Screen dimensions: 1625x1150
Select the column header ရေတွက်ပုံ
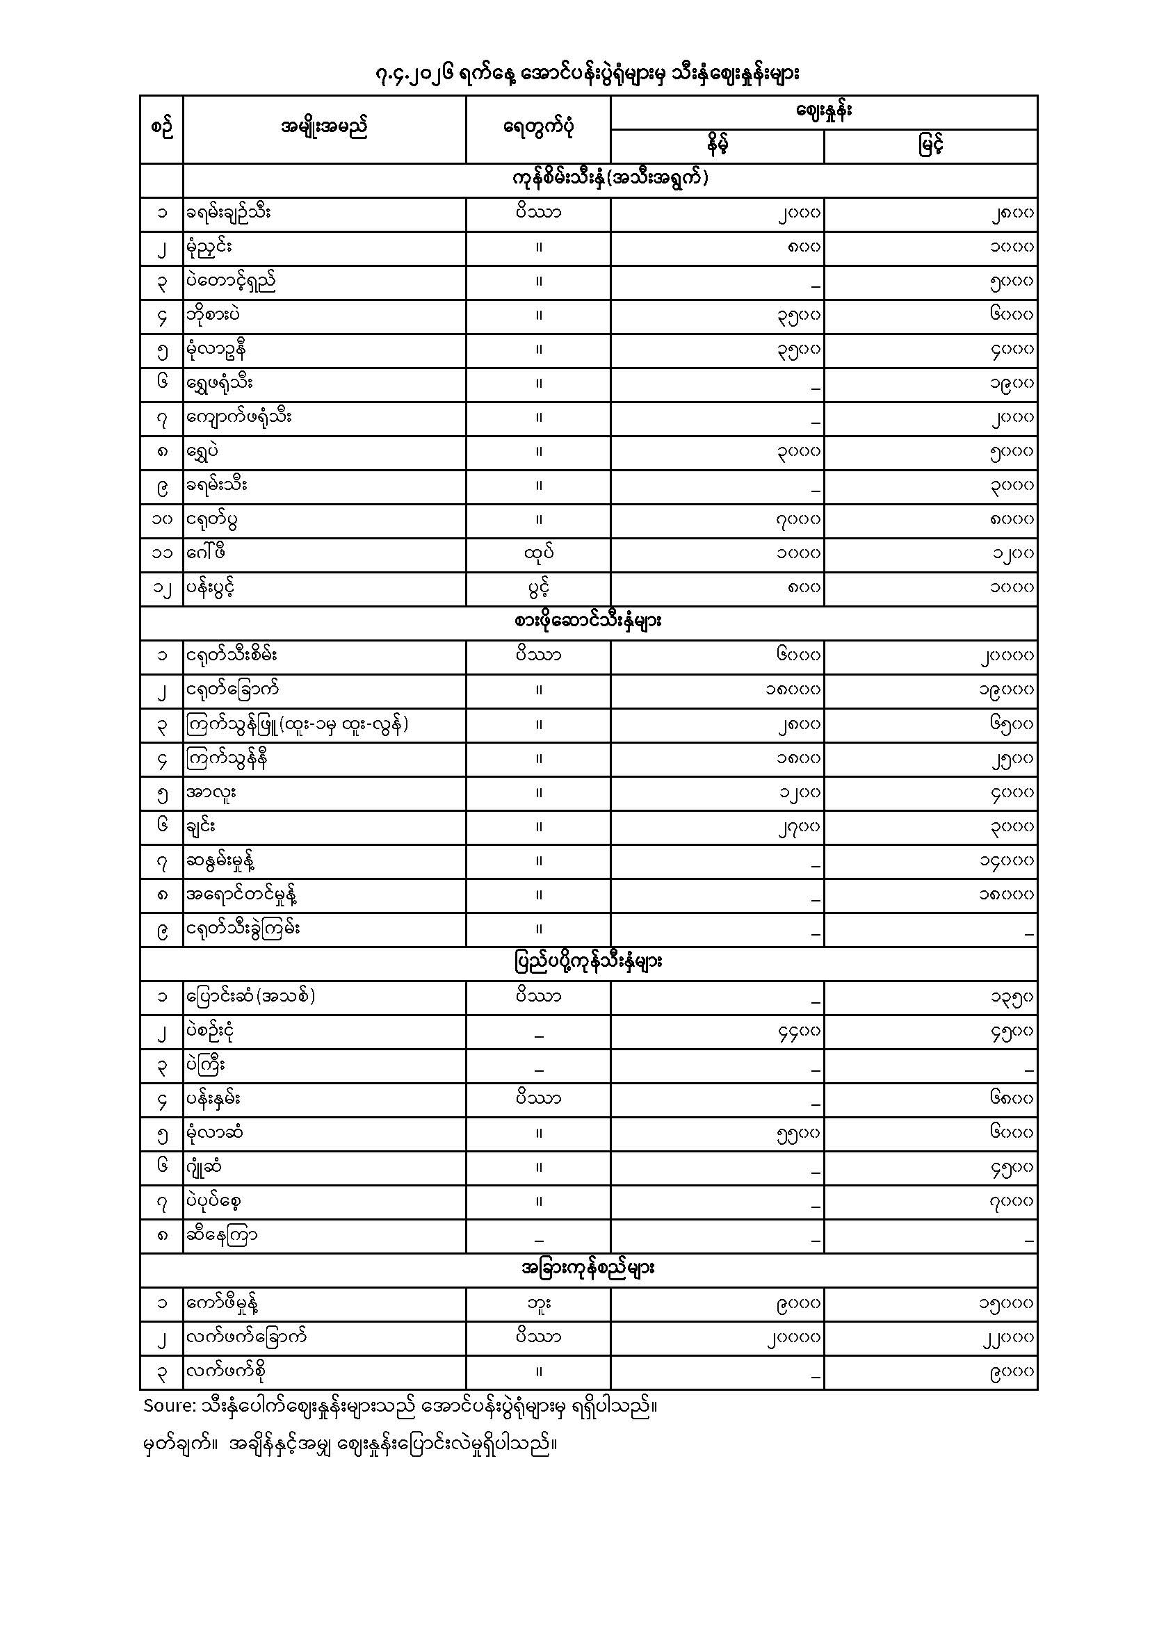537,129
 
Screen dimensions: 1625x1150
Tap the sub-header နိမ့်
717,147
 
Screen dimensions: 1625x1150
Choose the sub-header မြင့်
930,147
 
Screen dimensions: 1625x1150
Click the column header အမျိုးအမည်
323,129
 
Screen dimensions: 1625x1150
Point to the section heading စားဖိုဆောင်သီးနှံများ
588,622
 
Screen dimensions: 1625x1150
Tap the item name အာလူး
211,792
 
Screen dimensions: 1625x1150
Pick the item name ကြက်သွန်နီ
227,759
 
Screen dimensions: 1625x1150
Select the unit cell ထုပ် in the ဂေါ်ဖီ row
538,553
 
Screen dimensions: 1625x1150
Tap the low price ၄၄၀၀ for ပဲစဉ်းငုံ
798,1031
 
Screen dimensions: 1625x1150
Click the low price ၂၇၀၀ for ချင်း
798,826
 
